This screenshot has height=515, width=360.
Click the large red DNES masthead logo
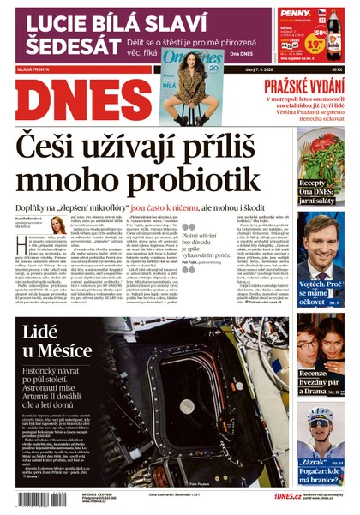coord(77,99)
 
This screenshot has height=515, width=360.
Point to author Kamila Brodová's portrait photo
coord(59,225)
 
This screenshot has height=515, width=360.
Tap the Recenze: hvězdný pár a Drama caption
coord(322,380)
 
